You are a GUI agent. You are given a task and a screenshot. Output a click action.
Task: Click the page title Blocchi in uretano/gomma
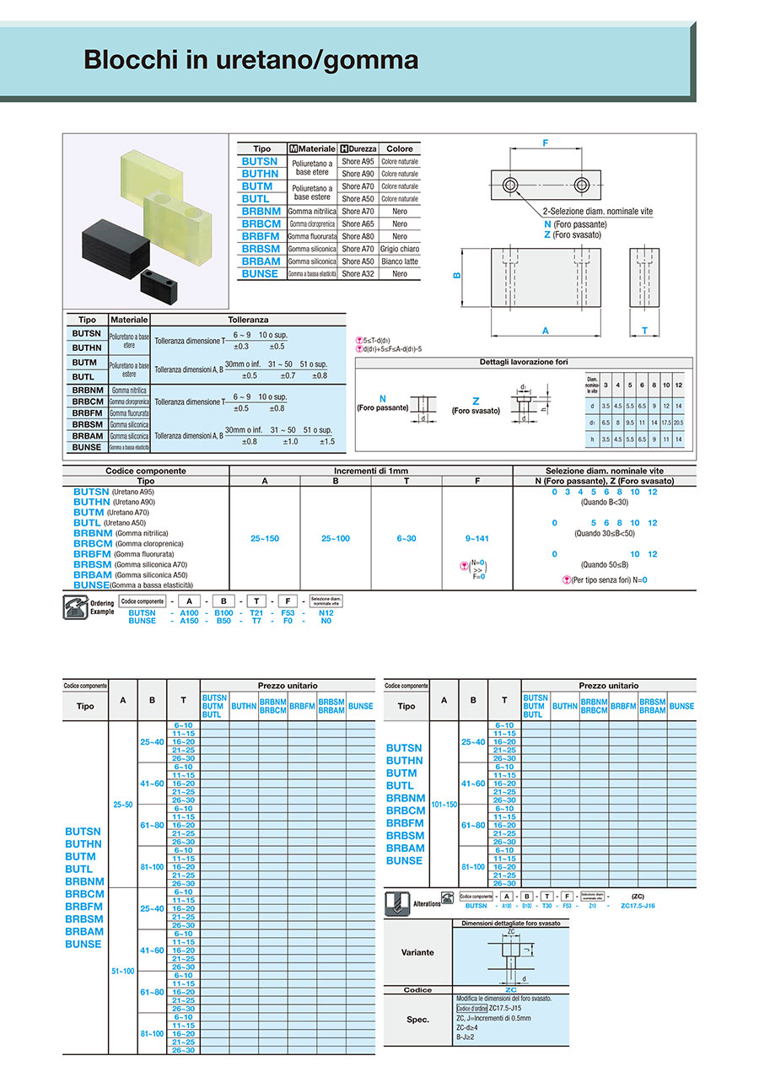pos(250,61)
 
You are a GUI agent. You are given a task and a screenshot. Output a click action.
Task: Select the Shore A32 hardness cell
pos(358,274)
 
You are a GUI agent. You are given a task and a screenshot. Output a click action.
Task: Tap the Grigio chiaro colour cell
pos(400,249)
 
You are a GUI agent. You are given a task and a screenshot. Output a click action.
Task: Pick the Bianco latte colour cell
pos(400,261)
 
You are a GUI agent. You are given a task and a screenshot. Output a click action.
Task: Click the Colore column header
pos(400,148)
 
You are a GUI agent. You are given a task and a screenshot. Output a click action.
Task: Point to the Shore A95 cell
pos(358,161)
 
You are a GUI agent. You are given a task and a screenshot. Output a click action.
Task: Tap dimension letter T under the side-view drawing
pos(644,331)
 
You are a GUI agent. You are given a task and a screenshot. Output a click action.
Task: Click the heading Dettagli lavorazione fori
pos(524,362)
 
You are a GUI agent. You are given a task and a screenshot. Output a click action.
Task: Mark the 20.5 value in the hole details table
pos(679,422)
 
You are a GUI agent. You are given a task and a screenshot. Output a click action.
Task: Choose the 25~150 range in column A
pos(265,538)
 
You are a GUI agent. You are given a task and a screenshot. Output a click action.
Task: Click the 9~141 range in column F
pos(476,538)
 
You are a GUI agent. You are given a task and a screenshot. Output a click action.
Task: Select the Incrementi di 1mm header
pos(371,471)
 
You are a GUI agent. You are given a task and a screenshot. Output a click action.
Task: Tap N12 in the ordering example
pos(326,613)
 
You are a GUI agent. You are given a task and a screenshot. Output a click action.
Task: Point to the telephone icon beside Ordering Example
pos(74,607)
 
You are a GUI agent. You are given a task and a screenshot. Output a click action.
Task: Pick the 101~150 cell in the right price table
pos(444,805)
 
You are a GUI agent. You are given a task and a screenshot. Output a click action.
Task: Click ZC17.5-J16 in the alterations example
pos(638,906)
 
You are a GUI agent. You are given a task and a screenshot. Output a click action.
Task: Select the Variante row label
pos(418,952)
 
